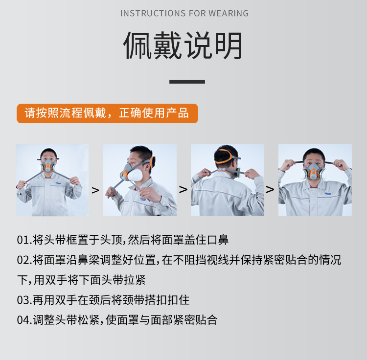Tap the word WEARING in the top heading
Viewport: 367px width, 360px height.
(229, 13)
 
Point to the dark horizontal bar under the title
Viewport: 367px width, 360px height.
(187, 82)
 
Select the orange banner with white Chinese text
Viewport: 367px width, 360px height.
(108, 113)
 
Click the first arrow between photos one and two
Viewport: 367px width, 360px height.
(95, 190)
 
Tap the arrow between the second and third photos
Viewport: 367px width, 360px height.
(183, 189)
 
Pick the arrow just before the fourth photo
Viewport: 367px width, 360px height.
(270, 189)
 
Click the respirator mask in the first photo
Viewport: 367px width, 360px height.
(48, 166)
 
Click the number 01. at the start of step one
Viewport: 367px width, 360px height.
(24, 240)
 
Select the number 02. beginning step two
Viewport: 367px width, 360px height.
(24, 260)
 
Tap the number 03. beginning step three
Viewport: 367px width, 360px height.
(24, 300)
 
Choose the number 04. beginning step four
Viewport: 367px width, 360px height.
(24, 320)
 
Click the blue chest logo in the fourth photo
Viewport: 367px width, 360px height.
(328, 193)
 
